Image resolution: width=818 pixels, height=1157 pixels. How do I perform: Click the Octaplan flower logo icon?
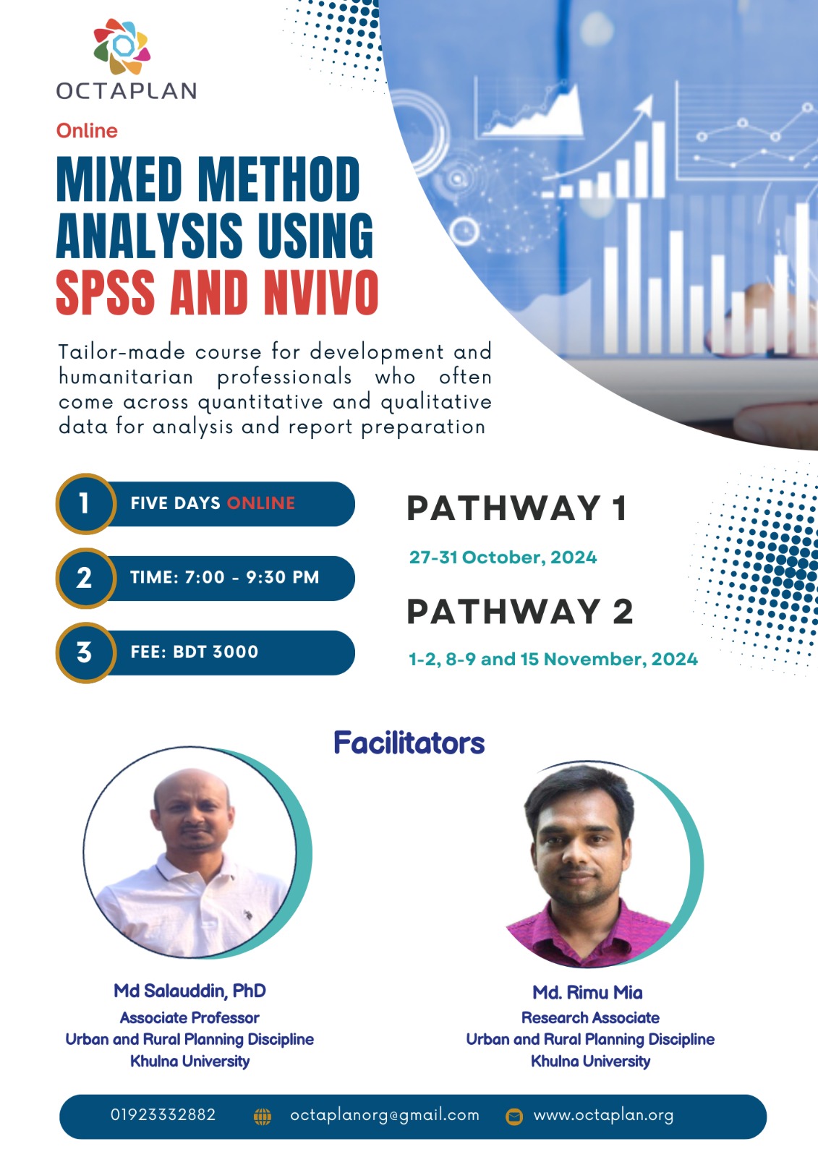(x=122, y=46)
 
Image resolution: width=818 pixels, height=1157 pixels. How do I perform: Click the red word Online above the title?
(x=87, y=131)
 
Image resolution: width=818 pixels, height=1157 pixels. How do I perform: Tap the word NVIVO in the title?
(x=321, y=293)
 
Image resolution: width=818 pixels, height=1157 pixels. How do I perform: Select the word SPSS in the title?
(x=106, y=293)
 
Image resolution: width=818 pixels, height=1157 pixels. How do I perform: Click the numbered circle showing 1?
(x=85, y=503)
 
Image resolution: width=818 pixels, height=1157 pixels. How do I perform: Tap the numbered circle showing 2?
(x=85, y=578)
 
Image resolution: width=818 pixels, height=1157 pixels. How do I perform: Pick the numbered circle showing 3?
(x=85, y=652)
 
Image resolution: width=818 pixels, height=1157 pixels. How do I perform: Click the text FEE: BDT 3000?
(x=195, y=652)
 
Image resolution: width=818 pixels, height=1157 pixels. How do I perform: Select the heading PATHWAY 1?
(x=516, y=508)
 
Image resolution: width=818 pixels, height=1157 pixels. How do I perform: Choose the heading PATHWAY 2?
(x=520, y=612)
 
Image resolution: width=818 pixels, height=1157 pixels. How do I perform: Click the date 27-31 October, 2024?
(x=503, y=558)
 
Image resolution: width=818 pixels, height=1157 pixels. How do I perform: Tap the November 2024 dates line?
(x=553, y=659)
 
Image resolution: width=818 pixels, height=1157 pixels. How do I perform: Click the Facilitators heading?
(x=409, y=743)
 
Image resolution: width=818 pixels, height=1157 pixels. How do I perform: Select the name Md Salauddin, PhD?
(x=189, y=991)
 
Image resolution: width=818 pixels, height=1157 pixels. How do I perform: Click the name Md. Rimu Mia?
(x=587, y=993)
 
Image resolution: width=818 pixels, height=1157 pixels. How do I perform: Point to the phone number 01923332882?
(x=163, y=1115)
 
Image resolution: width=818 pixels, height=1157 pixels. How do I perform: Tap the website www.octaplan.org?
(x=603, y=1116)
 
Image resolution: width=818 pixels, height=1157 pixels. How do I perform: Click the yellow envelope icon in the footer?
(x=514, y=1117)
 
